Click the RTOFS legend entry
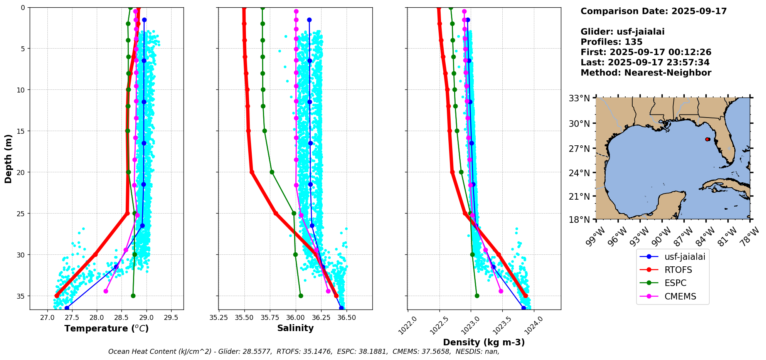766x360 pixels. [678, 270]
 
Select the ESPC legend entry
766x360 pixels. [675, 283]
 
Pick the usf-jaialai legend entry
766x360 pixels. [685, 256]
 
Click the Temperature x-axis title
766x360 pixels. [106, 328]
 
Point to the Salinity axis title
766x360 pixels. [295, 328]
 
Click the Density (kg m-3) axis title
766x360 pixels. [484, 342]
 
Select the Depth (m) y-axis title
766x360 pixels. [8, 158]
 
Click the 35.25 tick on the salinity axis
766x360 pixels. [219, 318]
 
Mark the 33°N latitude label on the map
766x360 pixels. [579, 98]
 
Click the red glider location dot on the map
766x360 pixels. [707, 139]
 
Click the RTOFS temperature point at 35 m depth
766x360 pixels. [57, 296]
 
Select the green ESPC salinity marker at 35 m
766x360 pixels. [301, 296]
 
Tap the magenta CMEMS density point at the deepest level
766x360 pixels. [501, 291]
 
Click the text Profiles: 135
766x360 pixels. [611, 42]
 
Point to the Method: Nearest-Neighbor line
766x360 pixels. [646, 73]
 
